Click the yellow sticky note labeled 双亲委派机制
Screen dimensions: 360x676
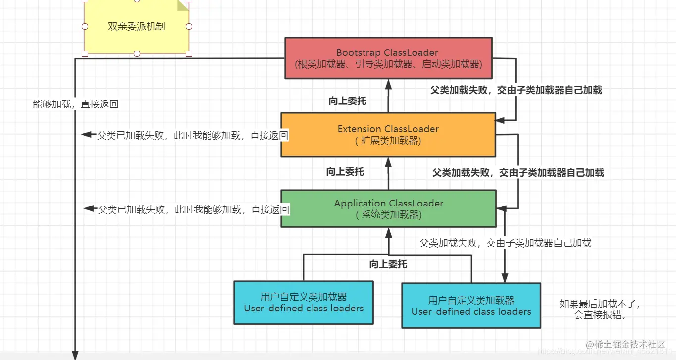pyautogui.click(x=136, y=27)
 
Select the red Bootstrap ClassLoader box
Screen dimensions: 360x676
pyautogui.click(x=388, y=58)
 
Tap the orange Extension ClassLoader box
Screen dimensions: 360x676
pyautogui.click(x=388, y=135)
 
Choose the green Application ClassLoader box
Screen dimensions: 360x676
pyautogui.click(x=388, y=208)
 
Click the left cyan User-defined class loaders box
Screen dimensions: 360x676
pyautogui.click(x=303, y=303)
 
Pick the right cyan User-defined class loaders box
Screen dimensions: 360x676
pyautogui.click(x=470, y=306)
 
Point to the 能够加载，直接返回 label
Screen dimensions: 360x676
pyautogui.click(x=75, y=104)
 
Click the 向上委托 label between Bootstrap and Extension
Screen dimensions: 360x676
pyautogui.click(x=347, y=101)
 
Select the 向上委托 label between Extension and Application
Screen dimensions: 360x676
pyautogui.click(x=345, y=172)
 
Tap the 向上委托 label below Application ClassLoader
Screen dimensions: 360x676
pyautogui.click(x=388, y=264)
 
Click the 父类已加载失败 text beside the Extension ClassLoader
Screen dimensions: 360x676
pyautogui.click(x=192, y=135)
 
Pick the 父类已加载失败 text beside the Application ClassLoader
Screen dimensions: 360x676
pyautogui.click(x=193, y=209)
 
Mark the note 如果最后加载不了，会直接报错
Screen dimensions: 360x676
pyautogui.click(x=600, y=309)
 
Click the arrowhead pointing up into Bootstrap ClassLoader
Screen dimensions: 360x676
pyautogui.click(x=388, y=84)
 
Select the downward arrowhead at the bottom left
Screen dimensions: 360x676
pyautogui.click(x=75, y=355)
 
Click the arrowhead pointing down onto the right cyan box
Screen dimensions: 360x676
pyautogui.click(x=505, y=277)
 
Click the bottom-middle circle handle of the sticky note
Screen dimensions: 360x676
pyautogui.click(x=137, y=53)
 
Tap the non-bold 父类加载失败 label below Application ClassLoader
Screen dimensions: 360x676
pyautogui.click(x=505, y=243)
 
